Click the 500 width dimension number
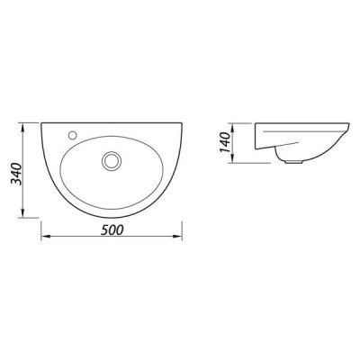112,230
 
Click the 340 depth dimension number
16,174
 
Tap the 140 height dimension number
225,142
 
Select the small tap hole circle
72,135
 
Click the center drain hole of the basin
112,160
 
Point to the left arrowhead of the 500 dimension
45,237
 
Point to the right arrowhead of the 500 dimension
178,237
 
